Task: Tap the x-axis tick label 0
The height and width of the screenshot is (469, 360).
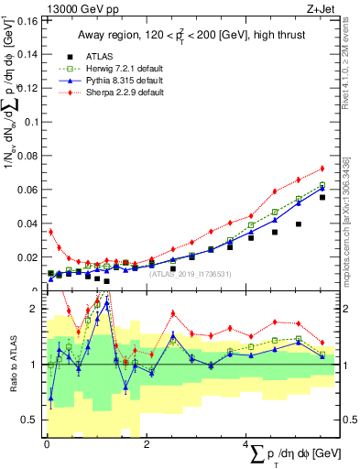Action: pos(47,444)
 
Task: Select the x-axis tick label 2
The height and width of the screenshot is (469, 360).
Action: pos(147,444)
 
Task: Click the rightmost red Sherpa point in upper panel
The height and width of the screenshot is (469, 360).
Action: pos(322,169)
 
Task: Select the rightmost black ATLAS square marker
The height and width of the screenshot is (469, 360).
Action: pos(322,197)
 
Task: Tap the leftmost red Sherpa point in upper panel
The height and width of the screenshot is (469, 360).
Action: pos(50,232)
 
